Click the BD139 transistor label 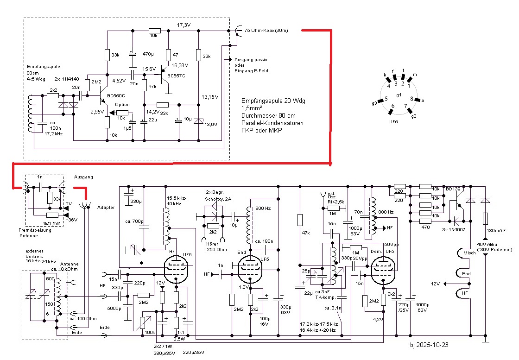(454, 189)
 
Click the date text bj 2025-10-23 (429, 345)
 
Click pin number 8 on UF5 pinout (411, 99)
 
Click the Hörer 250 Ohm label (214, 247)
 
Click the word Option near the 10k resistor (122, 105)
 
